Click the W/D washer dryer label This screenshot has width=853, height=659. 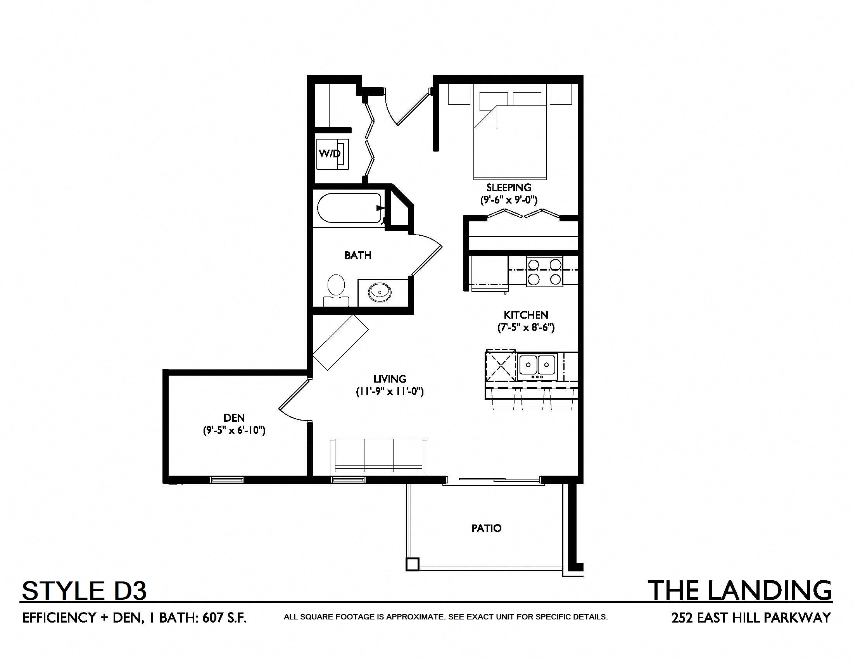(x=330, y=154)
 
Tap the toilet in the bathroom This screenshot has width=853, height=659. (x=336, y=291)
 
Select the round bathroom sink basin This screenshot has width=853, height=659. (x=380, y=292)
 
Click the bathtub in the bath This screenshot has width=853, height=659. (x=350, y=208)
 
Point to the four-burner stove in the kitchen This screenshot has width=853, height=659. (x=544, y=272)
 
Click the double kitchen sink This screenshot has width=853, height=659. (x=537, y=366)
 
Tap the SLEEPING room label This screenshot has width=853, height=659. (x=509, y=187)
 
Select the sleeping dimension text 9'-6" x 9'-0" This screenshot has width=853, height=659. (x=509, y=200)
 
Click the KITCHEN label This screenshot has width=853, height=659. (x=526, y=315)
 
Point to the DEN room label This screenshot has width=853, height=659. (x=234, y=418)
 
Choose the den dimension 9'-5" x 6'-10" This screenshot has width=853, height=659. (x=234, y=430)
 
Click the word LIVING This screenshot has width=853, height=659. (x=390, y=379)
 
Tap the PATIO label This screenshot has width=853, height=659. (x=486, y=528)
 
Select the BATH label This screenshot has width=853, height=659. (x=358, y=255)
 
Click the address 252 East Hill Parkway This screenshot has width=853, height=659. (x=751, y=618)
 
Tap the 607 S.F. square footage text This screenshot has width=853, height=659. (x=224, y=618)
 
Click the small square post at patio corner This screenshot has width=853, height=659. (x=412, y=564)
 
